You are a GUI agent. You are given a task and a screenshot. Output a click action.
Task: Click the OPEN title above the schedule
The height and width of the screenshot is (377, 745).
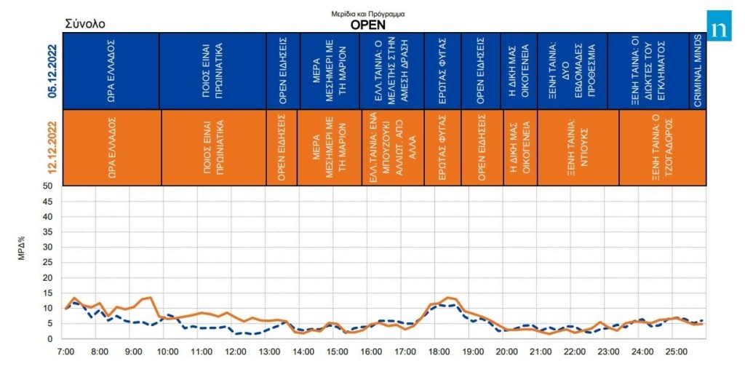368,24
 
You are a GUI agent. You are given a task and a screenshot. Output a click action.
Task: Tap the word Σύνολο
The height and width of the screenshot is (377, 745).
85,24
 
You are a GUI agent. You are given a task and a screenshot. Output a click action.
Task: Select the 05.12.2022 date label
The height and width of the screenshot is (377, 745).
52,71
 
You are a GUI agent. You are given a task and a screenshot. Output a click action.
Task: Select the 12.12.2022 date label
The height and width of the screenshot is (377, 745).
52,147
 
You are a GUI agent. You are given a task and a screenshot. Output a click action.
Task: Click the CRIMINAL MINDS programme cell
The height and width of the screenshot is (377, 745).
697,71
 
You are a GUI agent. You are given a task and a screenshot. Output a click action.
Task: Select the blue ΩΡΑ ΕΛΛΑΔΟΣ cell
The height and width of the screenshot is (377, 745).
111,71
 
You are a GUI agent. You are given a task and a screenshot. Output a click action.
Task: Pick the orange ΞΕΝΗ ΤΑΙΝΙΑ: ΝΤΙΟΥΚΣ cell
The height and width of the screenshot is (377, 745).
572,147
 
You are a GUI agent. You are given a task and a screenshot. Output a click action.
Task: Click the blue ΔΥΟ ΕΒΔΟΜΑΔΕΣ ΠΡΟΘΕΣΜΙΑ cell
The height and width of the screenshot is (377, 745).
572,71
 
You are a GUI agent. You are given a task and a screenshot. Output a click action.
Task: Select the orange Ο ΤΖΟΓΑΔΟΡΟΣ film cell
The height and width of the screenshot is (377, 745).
661,147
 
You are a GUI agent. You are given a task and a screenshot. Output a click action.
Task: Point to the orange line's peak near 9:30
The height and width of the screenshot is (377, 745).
149,297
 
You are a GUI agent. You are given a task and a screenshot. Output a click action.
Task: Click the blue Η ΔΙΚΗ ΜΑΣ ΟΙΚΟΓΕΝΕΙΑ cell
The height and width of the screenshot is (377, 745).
519,71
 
